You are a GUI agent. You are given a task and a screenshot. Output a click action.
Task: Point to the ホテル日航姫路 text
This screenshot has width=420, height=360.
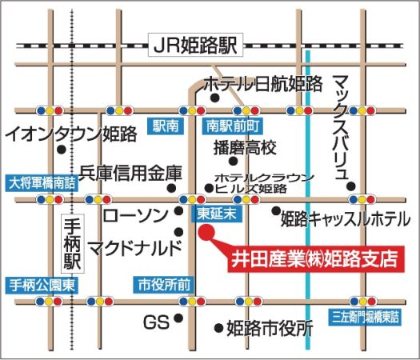[x=263, y=83]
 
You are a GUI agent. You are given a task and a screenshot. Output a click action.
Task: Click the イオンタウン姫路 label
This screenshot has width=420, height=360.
[x=71, y=134]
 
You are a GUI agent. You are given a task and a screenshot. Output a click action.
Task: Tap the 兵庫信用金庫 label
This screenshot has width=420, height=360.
[x=131, y=173]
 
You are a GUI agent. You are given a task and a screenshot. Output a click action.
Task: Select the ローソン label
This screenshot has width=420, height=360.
[x=136, y=214]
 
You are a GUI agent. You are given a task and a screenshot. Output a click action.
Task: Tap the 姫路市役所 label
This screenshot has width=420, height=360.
[x=269, y=328]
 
